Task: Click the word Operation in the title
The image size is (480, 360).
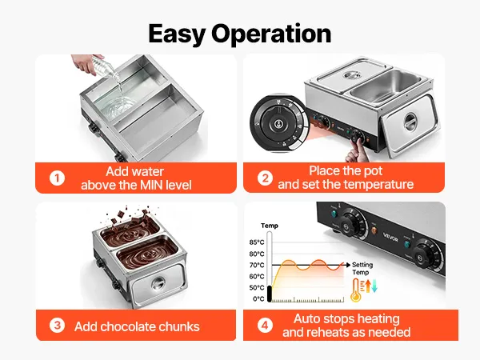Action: point(271,34)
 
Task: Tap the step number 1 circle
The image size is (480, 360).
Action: point(58,178)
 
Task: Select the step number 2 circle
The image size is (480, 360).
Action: point(265,178)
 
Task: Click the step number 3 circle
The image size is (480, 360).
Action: point(58,326)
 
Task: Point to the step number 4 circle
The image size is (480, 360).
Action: point(265,325)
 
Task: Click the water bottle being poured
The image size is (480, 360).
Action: point(105,66)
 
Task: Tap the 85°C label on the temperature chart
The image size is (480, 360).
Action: point(257,242)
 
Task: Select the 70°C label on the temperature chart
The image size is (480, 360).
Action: point(257,265)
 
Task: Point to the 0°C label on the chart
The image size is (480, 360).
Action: point(258,298)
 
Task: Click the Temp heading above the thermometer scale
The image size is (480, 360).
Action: point(270,226)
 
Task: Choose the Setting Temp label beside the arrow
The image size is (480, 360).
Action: point(362,269)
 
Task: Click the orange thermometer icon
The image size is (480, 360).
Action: point(356,290)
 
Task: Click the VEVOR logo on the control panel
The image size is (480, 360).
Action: point(390,237)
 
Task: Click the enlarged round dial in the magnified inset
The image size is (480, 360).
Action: point(278,124)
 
